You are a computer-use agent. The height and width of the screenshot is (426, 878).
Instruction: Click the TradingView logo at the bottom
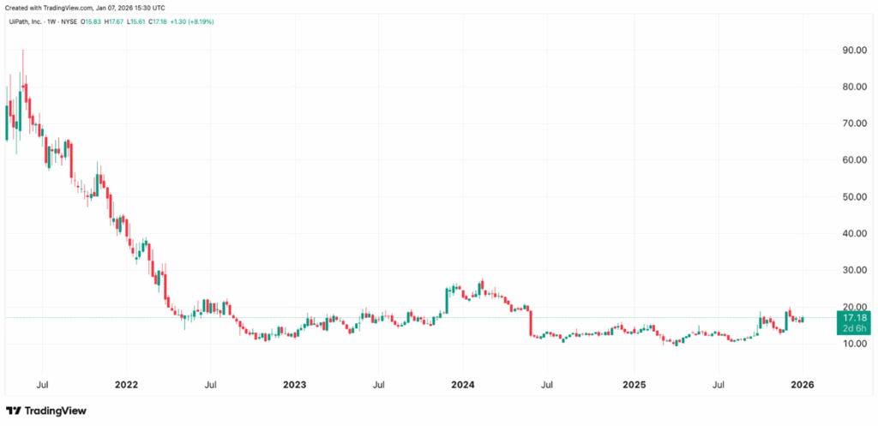point(47,411)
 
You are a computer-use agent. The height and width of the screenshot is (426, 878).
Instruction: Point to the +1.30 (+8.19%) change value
point(190,21)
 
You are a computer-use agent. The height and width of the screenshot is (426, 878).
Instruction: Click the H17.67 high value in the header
point(111,21)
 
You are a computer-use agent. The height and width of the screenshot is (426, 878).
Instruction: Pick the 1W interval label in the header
point(51,21)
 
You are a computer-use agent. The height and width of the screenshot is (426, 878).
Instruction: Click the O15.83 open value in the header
point(90,21)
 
